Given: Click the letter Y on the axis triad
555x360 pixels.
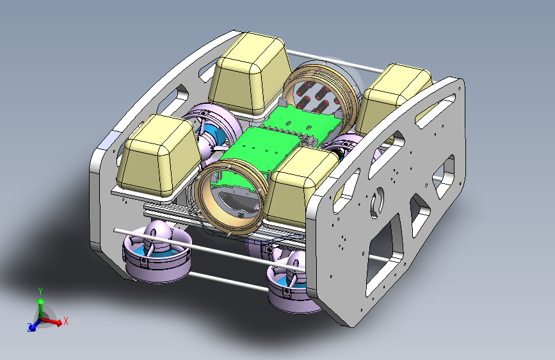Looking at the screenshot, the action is point(40,291).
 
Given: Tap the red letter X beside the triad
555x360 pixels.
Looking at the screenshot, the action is point(65,321).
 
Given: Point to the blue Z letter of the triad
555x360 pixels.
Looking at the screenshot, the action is point(29,327).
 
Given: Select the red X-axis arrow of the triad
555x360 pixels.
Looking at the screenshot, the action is point(52,322).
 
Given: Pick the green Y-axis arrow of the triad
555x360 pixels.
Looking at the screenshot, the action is point(41,308).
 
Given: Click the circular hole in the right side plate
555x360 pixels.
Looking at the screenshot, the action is point(377,202).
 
